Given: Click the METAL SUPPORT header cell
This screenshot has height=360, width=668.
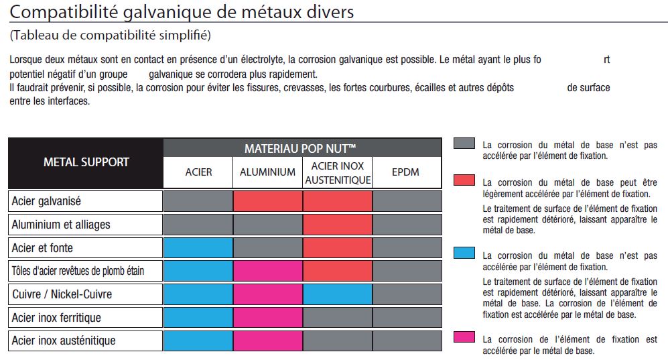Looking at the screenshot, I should (x=86, y=162).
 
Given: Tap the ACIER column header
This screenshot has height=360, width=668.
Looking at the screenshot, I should (x=198, y=172).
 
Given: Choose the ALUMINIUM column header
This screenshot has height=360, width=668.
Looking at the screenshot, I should (x=267, y=172).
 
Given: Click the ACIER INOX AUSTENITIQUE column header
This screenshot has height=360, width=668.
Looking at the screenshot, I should (x=338, y=172).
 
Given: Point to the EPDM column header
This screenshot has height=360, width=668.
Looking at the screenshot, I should (x=405, y=172).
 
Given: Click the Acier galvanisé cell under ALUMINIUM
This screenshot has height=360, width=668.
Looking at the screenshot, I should (x=267, y=201).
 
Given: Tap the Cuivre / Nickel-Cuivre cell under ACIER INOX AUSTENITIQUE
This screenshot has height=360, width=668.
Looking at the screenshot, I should (x=338, y=294).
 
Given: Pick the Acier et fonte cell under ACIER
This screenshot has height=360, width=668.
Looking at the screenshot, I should (x=198, y=248).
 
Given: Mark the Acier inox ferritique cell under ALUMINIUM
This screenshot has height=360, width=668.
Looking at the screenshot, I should (x=267, y=317).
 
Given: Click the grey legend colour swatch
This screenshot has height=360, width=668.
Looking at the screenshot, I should (x=464, y=144).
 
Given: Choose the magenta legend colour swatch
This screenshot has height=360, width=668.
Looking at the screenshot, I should (x=464, y=337).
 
